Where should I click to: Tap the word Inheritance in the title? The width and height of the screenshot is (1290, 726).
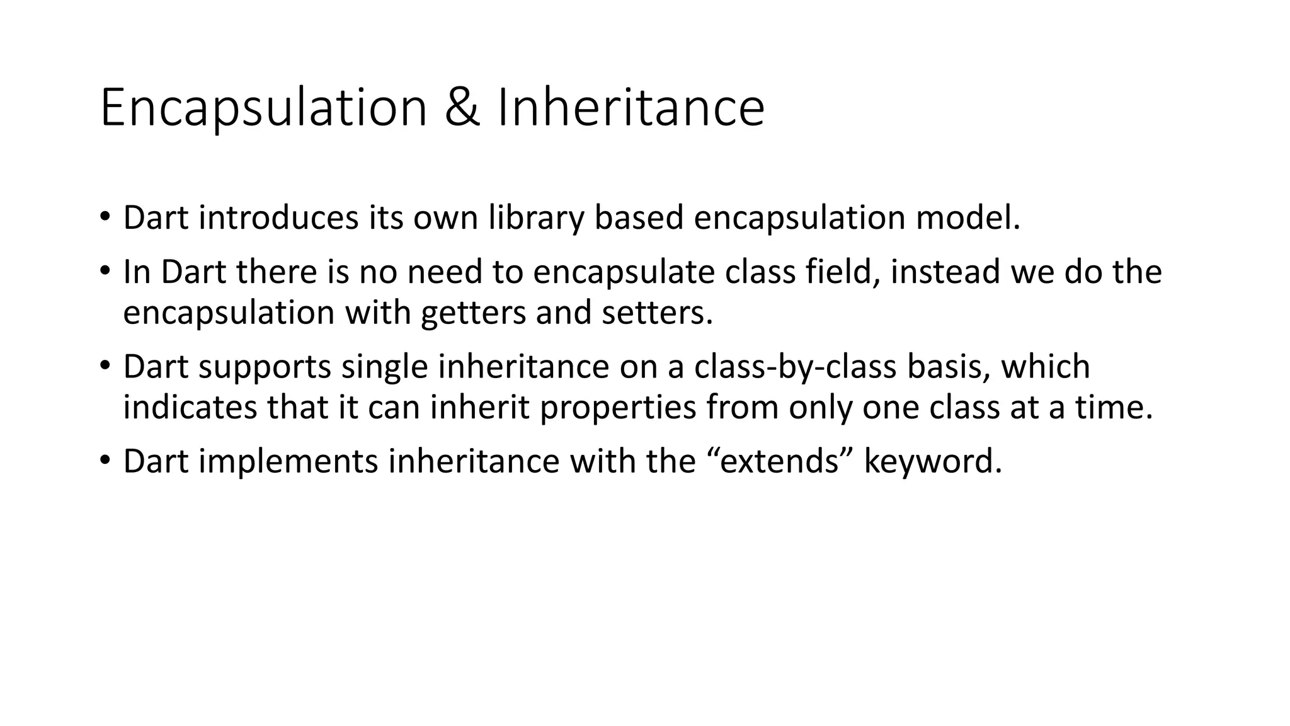[x=631, y=108]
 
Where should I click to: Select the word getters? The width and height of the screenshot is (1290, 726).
[x=473, y=313]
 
